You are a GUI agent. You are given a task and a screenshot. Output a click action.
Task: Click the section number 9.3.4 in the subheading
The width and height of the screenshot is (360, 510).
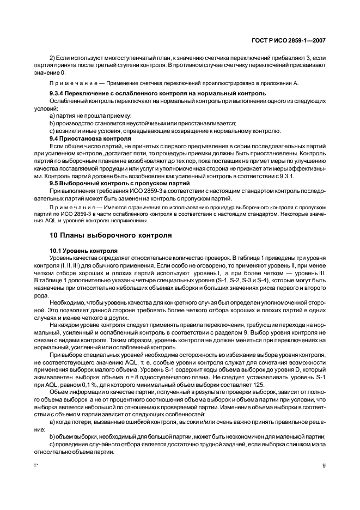coord(58,94)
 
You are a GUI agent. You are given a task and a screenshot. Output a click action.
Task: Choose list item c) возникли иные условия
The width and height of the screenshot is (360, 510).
coord(165,131)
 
